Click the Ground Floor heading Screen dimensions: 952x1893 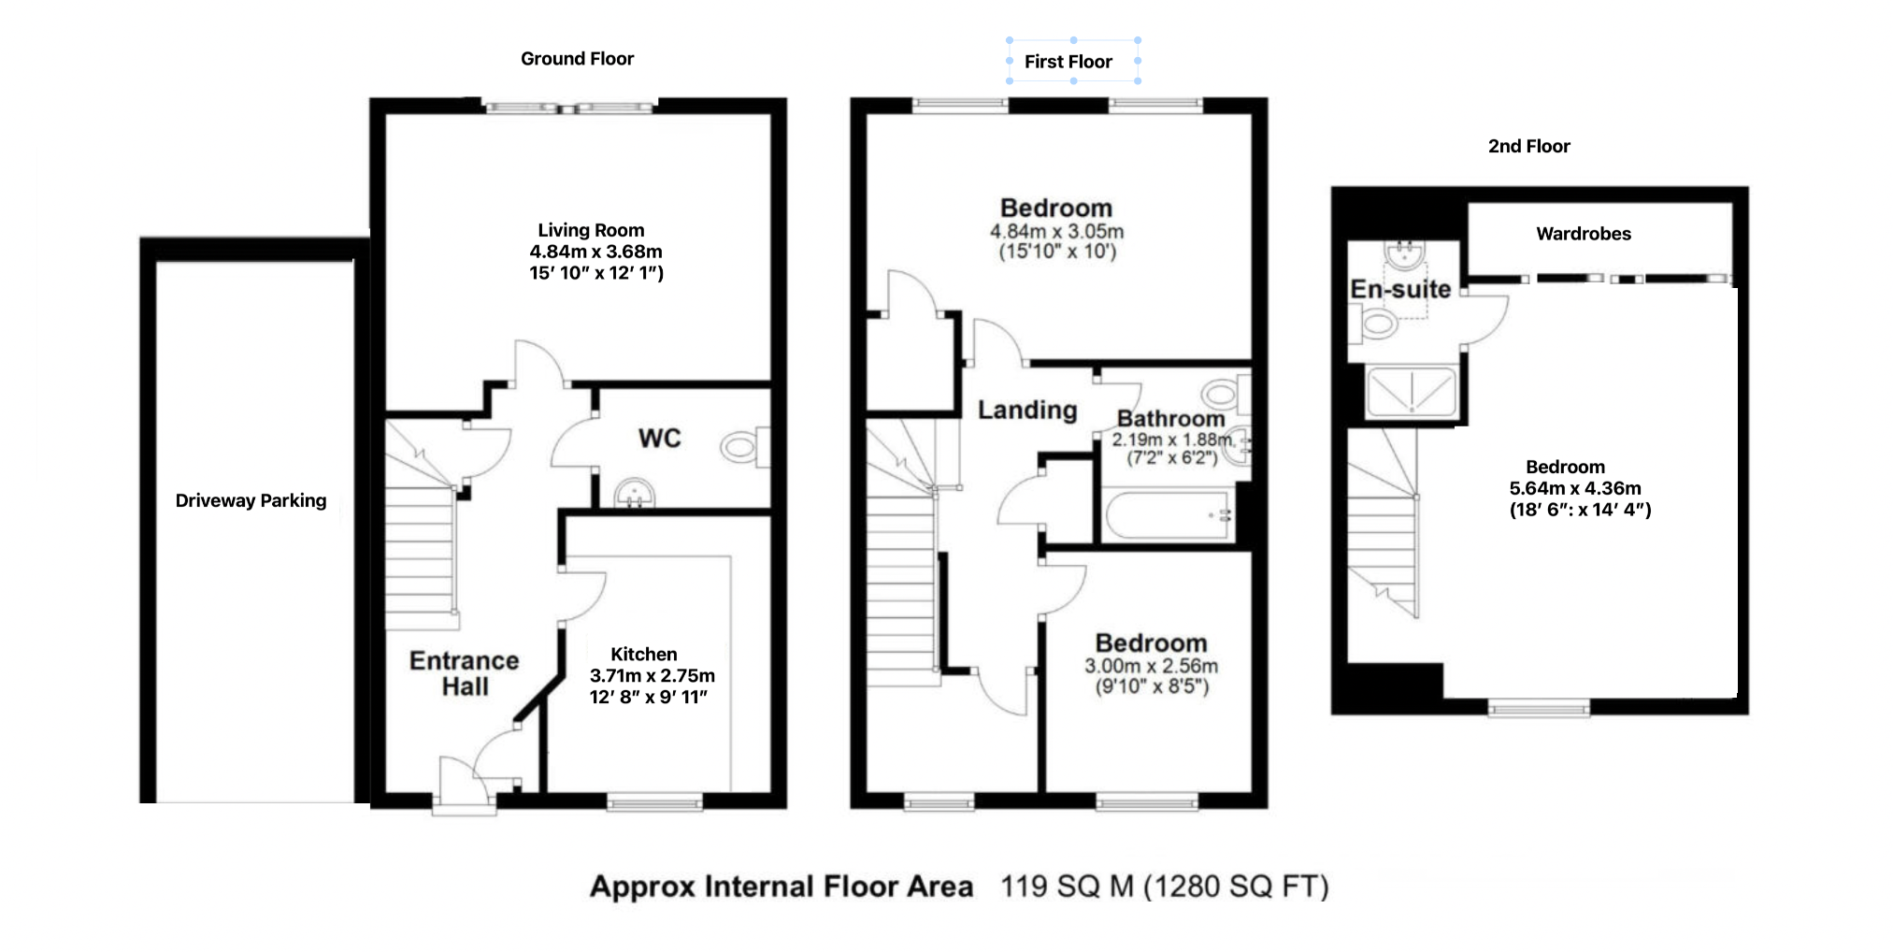click(577, 59)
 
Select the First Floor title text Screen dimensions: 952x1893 click(1068, 62)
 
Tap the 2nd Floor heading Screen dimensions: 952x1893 click(1528, 147)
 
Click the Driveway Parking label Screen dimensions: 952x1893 click(251, 500)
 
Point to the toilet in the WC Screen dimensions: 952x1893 click(742, 448)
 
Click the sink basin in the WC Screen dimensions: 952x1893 click(635, 493)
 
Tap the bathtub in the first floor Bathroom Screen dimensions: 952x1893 click(1168, 515)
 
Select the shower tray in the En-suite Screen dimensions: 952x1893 click(1411, 391)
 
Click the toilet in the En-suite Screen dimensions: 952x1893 click(1376, 325)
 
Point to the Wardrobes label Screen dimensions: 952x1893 click(1583, 234)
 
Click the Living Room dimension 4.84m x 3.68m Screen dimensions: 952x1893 click(595, 252)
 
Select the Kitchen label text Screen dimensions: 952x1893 click(643, 655)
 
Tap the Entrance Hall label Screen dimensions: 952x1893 click(464, 673)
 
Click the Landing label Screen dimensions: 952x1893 click(1026, 410)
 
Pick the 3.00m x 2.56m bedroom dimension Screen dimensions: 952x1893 click(1151, 666)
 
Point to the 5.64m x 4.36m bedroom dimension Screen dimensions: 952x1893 click(1574, 488)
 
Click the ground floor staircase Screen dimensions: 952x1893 click(421, 552)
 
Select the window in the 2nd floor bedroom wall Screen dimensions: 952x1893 click(1538, 708)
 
